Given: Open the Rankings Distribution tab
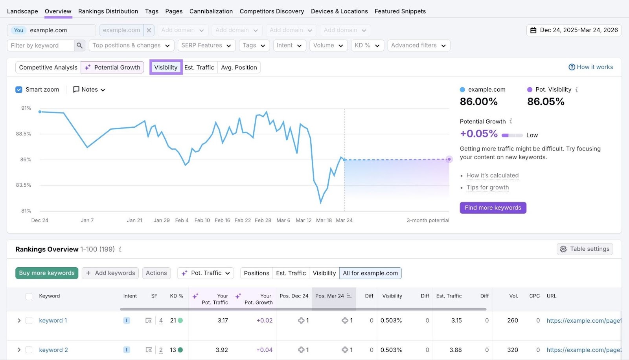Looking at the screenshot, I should (108, 11).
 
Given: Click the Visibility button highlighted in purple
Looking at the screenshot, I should (166, 67).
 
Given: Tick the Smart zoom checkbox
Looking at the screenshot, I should (19, 90).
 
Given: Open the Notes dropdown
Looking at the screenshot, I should (89, 90).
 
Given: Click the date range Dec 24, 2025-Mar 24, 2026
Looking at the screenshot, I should (574, 30).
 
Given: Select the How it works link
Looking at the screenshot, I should (591, 67).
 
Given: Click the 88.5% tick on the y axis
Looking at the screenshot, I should (24, 134).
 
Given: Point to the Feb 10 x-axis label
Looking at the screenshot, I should (202, 220).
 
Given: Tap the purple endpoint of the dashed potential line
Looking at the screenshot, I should (449, 159).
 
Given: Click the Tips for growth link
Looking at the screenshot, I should (487, 187).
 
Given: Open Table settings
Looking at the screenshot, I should (585, 249).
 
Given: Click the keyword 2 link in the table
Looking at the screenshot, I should (53, 350).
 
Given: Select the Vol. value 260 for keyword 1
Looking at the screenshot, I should (512, 320).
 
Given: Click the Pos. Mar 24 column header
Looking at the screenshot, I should (329, 296).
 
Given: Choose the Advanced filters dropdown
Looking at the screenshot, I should (418, 46).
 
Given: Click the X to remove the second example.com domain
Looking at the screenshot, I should (149, 30).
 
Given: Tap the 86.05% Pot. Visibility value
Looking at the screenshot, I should (546, 102).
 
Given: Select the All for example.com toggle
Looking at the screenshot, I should (370, 273).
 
